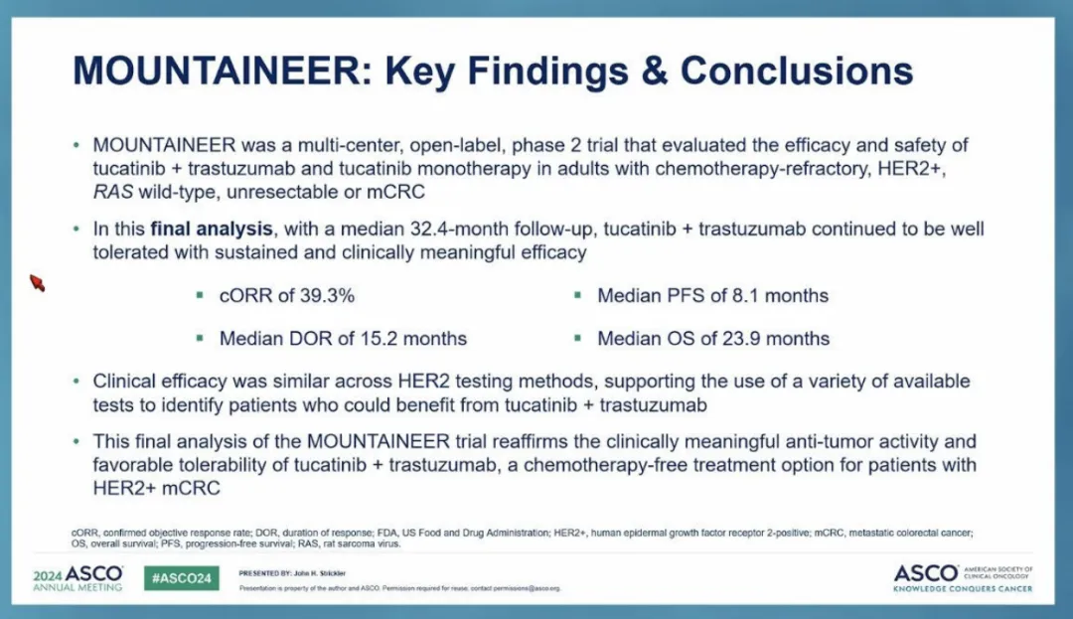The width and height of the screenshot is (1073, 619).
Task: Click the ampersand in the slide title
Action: tap(654, 71)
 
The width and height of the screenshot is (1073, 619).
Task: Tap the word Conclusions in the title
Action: tap(797, 71)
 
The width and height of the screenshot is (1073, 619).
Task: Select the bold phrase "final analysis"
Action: tap(212, 229)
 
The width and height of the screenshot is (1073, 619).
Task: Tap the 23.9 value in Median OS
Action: tap(751, 338)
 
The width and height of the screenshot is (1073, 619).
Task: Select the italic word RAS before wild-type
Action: tap(113, 192)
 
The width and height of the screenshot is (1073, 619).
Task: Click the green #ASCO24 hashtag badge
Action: tap(182, 578)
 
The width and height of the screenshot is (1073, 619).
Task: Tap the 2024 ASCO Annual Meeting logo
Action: tap(78, 578)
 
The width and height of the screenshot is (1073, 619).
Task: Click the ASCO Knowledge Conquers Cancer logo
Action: tap(963, 578)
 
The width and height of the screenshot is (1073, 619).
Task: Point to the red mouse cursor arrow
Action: tap(37, 282)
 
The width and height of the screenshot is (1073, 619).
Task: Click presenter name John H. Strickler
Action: tap(320, 573)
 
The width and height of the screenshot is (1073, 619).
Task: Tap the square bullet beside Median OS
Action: tap(578, 338)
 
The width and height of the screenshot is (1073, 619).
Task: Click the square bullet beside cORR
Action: tap(200, 295)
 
